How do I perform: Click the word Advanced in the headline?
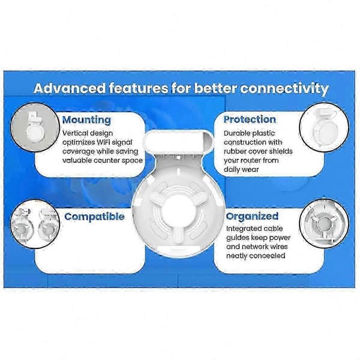click(x=70, y=88)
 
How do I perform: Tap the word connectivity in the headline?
click(x=284, y=89)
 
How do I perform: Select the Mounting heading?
click(x=86, y=121)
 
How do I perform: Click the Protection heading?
click(x=250, y=119)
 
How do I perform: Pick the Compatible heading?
click(x=94, y=217)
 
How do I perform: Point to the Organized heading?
click(x=252, y=216)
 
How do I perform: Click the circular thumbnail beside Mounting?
click(x=35, y=127)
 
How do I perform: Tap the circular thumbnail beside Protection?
click(x=324, y=127)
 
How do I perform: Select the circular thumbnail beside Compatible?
click(x=35, y=224)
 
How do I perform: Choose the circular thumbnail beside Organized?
click(x=324, y=223)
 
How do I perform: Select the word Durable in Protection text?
click(x=238, y=133)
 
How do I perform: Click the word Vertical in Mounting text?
click(x=75, y=133)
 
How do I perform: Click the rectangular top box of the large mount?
click(x=178, y=142)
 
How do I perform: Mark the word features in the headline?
click(x=139, y=88)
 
